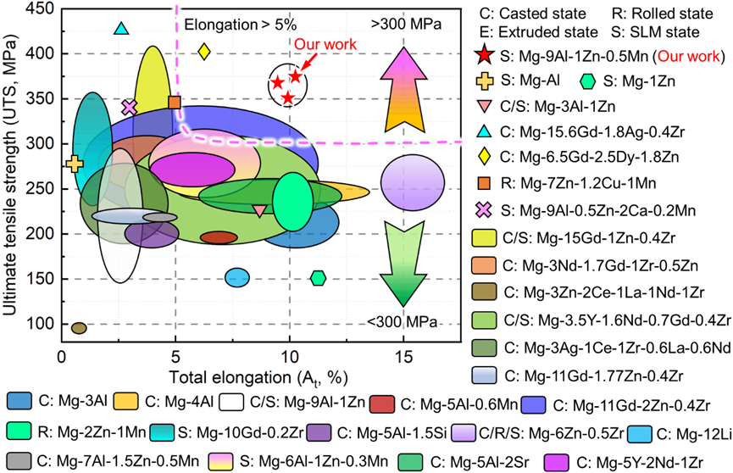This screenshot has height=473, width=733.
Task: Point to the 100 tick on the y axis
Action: pos(40,323)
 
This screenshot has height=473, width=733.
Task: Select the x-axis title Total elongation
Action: pos(258,376)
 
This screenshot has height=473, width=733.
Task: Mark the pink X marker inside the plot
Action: pos(130,107)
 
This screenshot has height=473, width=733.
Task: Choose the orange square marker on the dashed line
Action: pos(175,103)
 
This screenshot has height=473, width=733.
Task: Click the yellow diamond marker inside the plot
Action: pos(204,51)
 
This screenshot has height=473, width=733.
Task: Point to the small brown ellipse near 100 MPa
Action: pos(79,328)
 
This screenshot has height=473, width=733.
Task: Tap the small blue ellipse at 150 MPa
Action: pos(237,277)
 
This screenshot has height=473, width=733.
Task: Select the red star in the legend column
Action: pos(483,55)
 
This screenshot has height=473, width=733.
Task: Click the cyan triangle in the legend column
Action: pos(483,131)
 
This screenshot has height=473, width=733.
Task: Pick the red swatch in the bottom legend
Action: pos(382,403)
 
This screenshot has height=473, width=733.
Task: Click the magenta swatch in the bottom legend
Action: pos(556,462)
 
